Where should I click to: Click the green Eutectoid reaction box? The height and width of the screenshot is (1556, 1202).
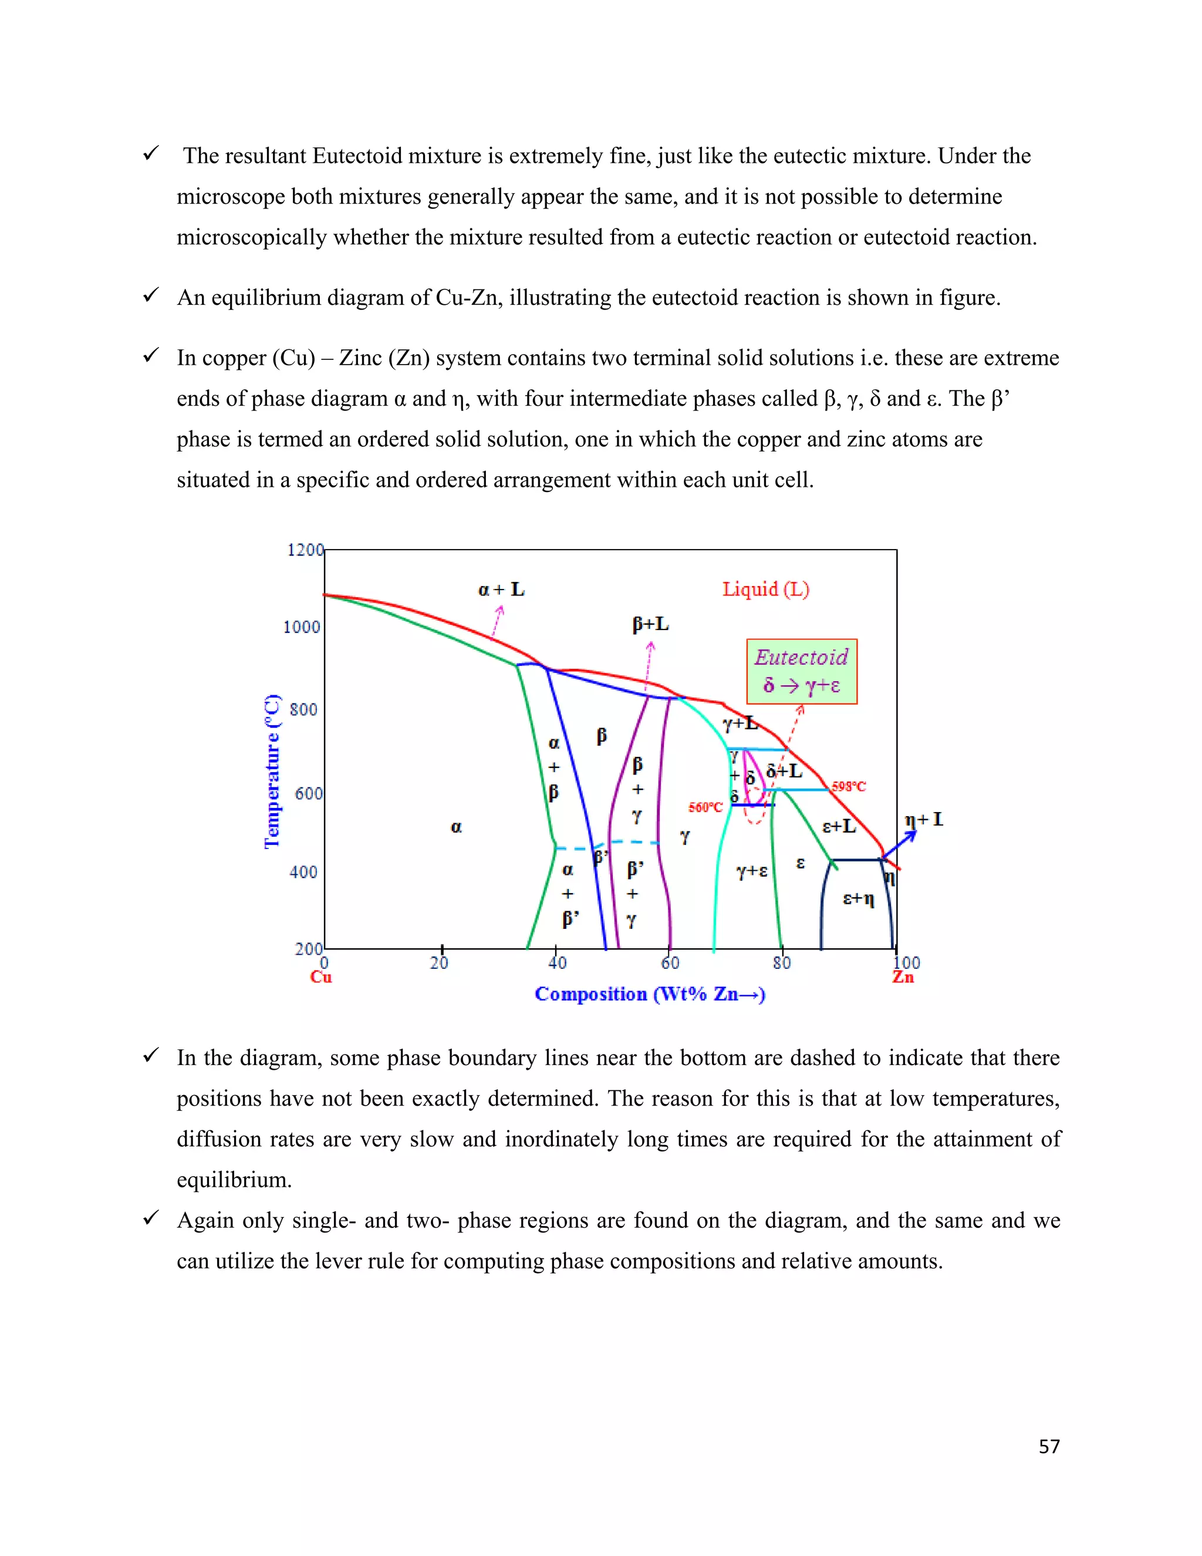[801, 671]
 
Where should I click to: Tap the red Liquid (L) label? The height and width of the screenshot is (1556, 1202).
[765, 589]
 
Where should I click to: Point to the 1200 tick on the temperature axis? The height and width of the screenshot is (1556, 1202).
[305, 550]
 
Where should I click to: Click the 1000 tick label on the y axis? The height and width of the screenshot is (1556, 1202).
[301, 627]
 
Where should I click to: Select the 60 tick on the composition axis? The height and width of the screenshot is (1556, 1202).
[670, 962]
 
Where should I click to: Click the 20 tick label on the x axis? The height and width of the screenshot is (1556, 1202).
[440, 962]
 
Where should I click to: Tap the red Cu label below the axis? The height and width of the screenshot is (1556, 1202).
[320, 977]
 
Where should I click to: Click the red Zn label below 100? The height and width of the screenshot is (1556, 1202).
[903, 977]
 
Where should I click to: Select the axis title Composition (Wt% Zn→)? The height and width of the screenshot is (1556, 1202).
[650, 994]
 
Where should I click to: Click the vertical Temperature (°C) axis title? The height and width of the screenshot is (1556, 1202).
[272, 771]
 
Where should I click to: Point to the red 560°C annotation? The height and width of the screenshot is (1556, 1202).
[705, 807]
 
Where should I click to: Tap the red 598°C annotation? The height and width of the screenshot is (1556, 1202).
[849, 787]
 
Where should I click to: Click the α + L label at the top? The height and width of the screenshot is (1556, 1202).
[501, 589]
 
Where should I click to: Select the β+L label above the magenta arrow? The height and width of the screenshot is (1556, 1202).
[650, 624]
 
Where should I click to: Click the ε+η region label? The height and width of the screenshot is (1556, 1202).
[858, 898]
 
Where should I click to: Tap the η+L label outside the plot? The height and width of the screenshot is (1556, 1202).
[924, 819]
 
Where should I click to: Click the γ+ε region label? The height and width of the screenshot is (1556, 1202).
[752, 871]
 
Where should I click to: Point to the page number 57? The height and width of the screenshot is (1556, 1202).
[1049, 1446]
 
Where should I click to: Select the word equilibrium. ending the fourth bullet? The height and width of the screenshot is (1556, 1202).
[234, 1180]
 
